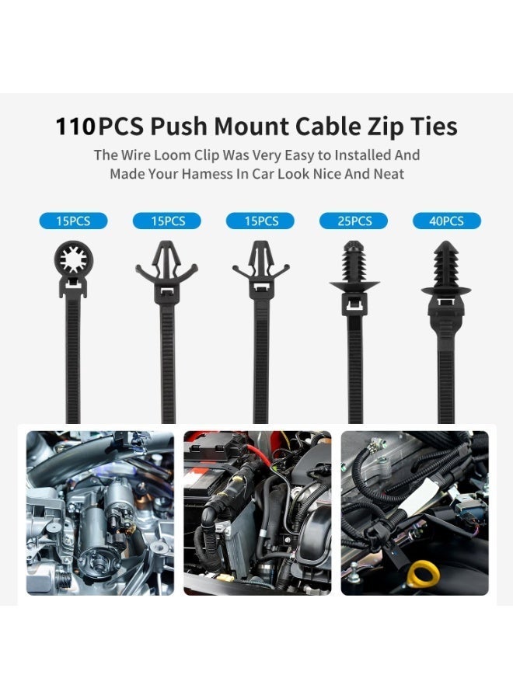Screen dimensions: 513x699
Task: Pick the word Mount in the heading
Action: coord(251,126)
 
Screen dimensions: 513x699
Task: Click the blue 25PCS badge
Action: coord(354,221)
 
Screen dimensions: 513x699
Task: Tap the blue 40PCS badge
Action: coord(447,221)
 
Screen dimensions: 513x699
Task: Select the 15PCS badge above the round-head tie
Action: coord(74,221)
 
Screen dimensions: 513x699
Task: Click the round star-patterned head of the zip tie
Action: coord(74,259)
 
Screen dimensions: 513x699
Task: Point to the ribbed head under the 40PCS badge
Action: coord(446,266)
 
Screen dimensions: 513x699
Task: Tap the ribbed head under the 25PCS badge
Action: coord(354,263)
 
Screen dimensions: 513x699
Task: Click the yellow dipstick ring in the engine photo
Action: coord(421,575)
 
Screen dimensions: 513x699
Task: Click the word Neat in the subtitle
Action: coord(389,174)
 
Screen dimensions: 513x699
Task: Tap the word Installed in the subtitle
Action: coord(362,155)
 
